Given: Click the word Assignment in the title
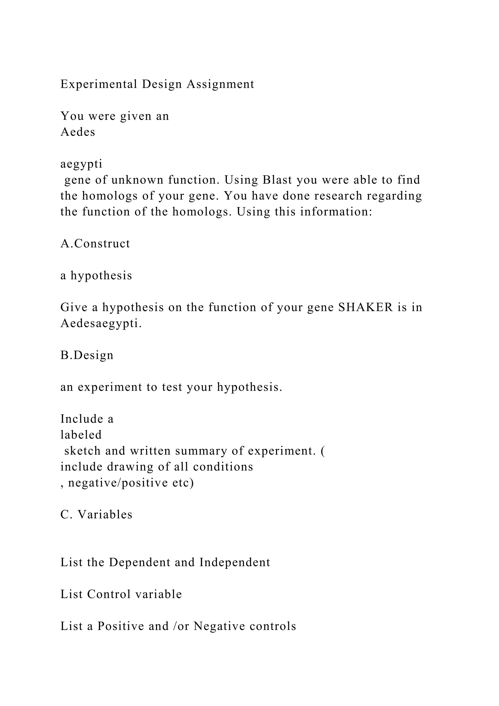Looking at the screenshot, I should pyautogui.click(x=220, y=84).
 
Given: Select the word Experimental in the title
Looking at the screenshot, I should pyautogui.click(x=99, y=84).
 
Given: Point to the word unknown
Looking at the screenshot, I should pyautogui.click(x=137, y=180).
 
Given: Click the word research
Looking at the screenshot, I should pyautogui.click(x=338, y=196).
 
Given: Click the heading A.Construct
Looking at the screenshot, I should pyautogui.click(x=95, y=244).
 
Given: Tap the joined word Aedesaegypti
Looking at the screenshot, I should pyautogui.click(x=101, y=323).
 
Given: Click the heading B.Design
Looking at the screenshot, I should pyautogui.click(x=87, y=355).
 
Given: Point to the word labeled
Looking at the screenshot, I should pyautogui.click(x=81, y=435).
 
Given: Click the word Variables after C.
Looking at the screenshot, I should pyautogui.click(x=105, y=514).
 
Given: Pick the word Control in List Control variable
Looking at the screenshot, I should pyautogui.click(x=109, y=594).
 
